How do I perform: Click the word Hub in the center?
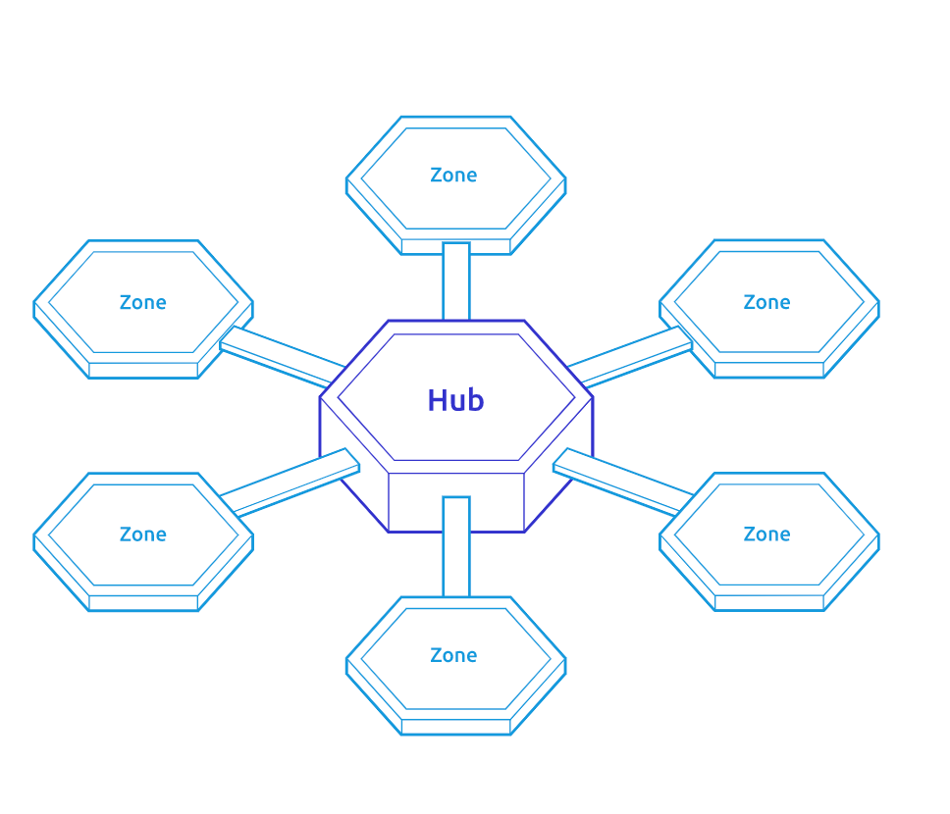tap(455, 400)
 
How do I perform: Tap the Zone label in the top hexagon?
tap(453, 175)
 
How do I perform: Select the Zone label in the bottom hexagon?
tap(453, 655)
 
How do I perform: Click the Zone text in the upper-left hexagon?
tap(143, 302)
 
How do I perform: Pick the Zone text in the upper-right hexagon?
tap(767, 302)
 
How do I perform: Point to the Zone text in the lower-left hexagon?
tap(143, 534)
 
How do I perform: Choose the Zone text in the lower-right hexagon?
tap(767, 534)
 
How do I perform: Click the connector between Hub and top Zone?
tap(456, 281)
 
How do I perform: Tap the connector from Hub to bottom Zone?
tap(456, 547)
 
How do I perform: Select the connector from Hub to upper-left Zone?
tap(283, 357)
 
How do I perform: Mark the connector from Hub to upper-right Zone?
tap(630, 357)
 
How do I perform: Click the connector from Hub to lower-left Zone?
tap(290, 483)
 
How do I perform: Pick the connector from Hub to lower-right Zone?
tap(623, 483)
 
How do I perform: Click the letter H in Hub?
tap(438, 400)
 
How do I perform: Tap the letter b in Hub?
tap(476, 400)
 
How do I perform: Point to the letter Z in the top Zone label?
tap(436, 175)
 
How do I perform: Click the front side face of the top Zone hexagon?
tap(456, 246)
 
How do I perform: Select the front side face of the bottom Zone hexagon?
tap(456, 727)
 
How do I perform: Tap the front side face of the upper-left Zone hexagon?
tap(143, 371)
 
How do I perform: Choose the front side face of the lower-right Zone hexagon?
tap(769, 602)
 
